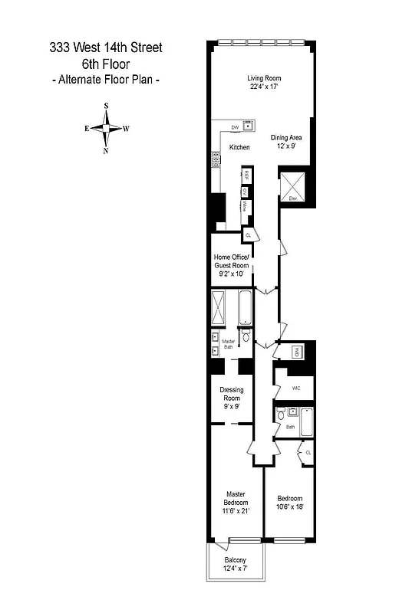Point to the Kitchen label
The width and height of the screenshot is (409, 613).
239,147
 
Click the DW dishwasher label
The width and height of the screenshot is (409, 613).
236,128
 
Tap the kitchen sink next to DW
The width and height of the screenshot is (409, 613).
249,126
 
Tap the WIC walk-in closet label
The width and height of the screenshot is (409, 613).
295,388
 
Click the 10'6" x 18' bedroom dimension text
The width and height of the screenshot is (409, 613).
290,506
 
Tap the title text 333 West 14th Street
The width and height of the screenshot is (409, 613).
105,48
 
